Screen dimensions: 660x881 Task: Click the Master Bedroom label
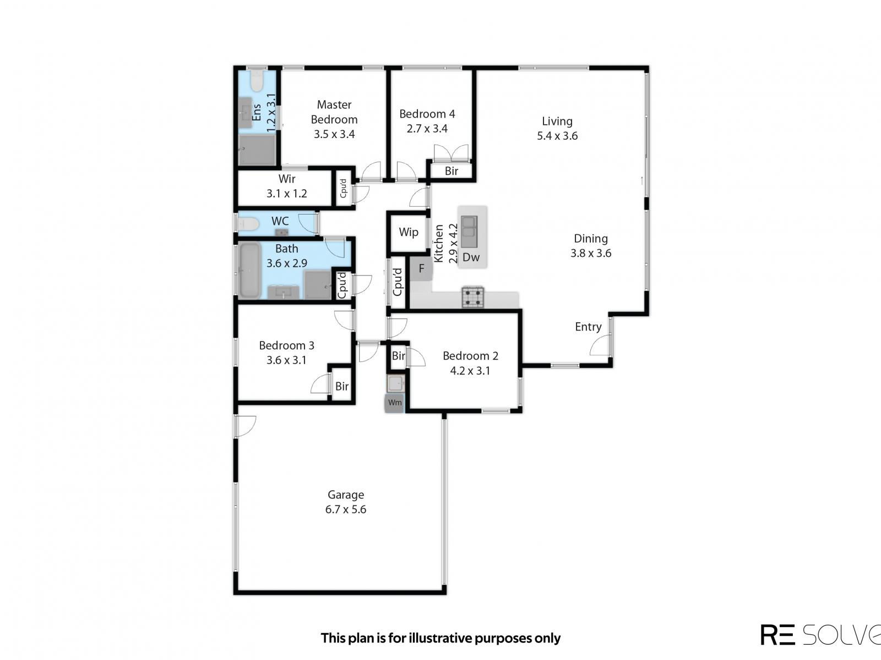[334, 112]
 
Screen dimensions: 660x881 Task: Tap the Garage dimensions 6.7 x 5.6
[345, 509]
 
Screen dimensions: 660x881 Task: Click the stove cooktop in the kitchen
[472, 297]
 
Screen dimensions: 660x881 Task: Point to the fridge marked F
[421, 269]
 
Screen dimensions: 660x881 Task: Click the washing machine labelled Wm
[394, 403]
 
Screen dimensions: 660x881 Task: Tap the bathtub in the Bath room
[249, 271]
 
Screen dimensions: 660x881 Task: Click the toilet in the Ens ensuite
[257, 81]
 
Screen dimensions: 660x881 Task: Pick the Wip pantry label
[408, 232]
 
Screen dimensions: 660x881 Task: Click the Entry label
[588, 327]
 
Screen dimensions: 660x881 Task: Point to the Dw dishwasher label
[471, 257]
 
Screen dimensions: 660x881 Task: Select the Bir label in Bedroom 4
[452, 171]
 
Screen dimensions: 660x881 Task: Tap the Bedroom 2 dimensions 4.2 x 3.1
[470, 371]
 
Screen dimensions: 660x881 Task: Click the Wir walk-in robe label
[286, 179]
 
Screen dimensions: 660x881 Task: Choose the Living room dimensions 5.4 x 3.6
[557, 136]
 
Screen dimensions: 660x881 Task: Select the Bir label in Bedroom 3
[342, 386]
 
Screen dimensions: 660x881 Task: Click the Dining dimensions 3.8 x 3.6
[591, 253]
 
